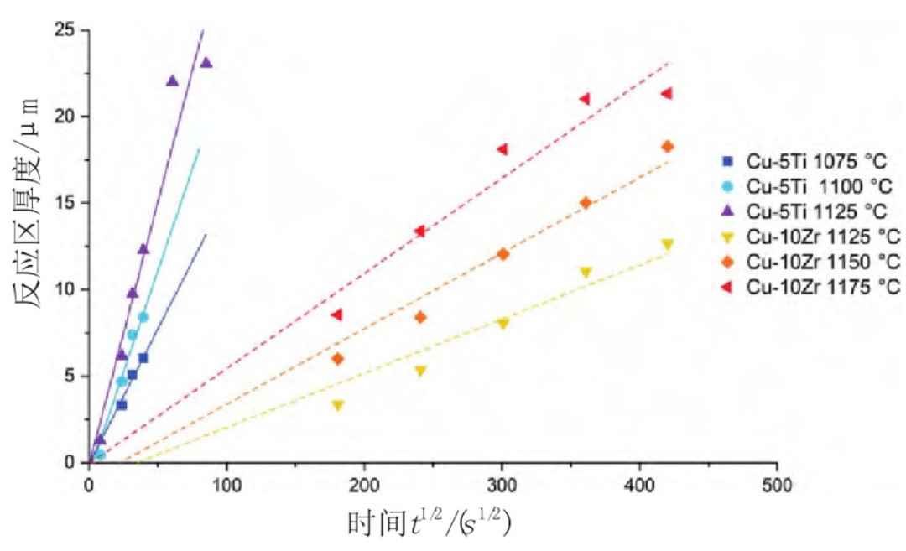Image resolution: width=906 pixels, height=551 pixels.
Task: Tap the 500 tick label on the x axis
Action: coord(778,485)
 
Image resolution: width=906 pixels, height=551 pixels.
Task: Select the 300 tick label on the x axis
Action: coord(502,485)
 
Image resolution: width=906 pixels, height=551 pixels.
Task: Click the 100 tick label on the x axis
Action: coord(226,485)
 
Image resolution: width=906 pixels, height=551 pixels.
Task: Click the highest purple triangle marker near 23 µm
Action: coord(206,63)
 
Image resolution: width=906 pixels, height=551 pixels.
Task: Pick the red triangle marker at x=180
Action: coord(336,315)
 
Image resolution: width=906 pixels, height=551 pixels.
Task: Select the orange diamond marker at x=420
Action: coord(668,147)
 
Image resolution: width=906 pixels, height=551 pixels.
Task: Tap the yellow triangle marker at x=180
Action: coord(337,405)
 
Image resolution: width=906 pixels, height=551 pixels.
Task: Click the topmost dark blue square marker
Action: coord(143,358)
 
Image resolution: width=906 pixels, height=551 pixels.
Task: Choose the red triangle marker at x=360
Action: coord(585,99)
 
